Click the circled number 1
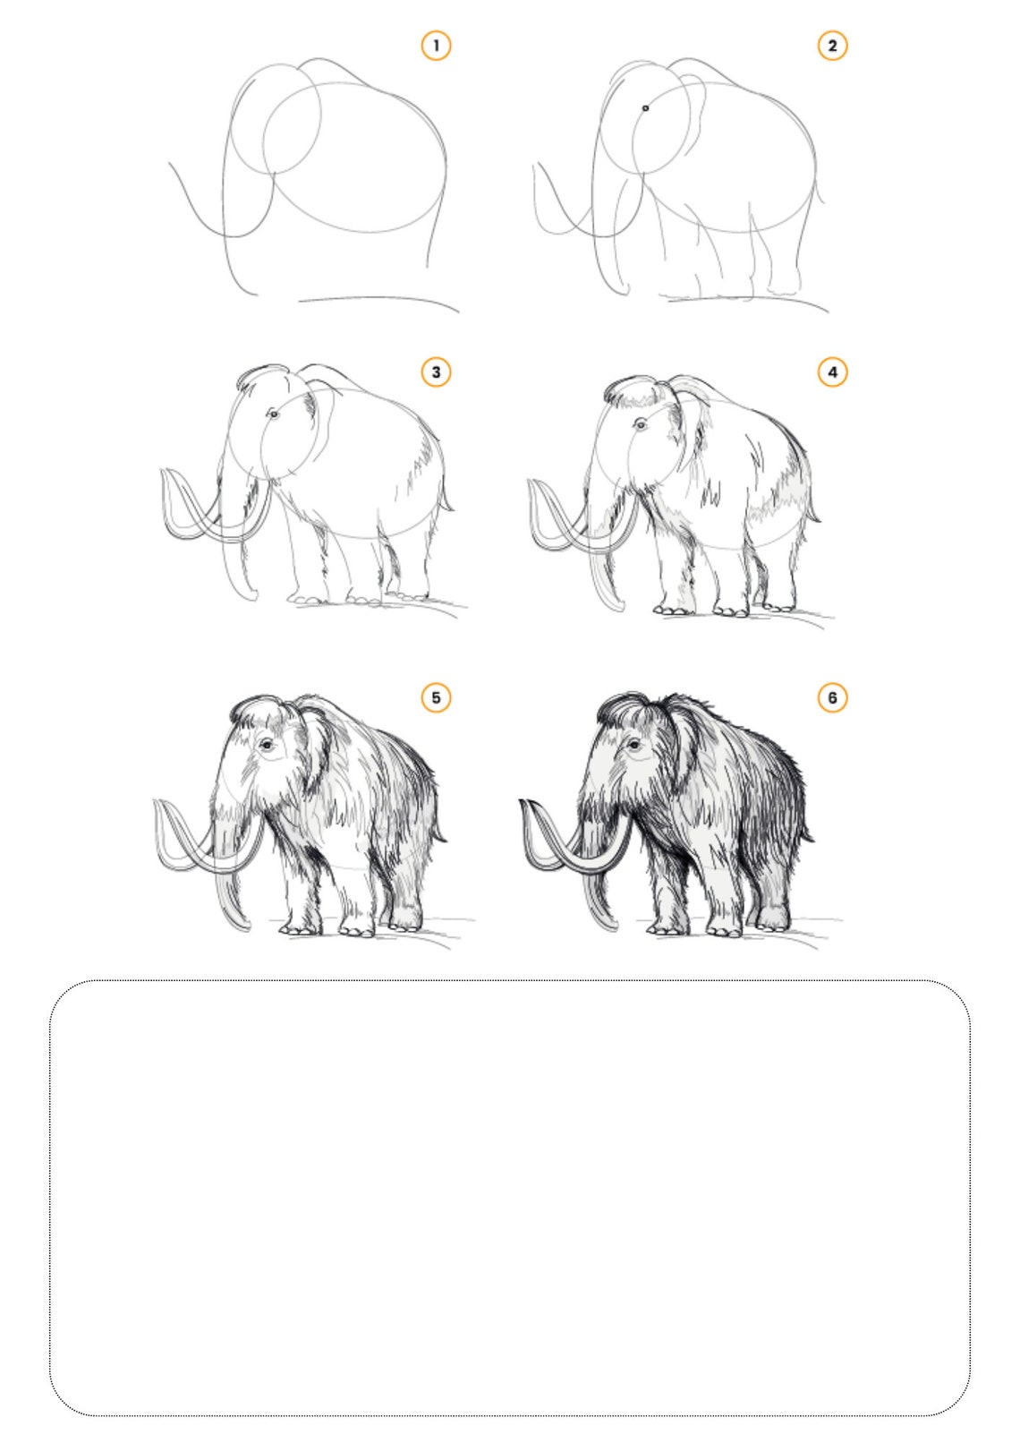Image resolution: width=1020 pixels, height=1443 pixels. [x=436, y=46]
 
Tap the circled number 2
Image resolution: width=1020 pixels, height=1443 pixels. [x=832, y=46]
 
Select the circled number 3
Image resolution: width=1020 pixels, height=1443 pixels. [x=436, y=371]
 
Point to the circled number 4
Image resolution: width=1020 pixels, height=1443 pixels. [x=832, y=371]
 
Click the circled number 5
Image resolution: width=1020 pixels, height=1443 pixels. [x=436, y=697]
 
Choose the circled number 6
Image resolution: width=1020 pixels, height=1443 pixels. [x=832, y=697]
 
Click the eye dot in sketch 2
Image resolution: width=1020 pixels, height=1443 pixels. [x=645, y=107]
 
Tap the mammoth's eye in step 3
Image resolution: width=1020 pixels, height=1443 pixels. [x=273, y=414]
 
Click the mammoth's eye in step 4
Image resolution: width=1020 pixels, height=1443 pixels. [x=640, y=424]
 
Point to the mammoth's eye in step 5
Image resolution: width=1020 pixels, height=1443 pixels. [x=267, y=744]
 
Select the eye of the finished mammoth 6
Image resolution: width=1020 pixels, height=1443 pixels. [x=633, y=745]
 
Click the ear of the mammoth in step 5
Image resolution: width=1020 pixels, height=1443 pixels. [x=315, y=743]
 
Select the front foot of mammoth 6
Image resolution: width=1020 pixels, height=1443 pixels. [x=662, y=927]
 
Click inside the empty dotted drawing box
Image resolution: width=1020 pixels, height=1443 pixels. [x=510, y=1200]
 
